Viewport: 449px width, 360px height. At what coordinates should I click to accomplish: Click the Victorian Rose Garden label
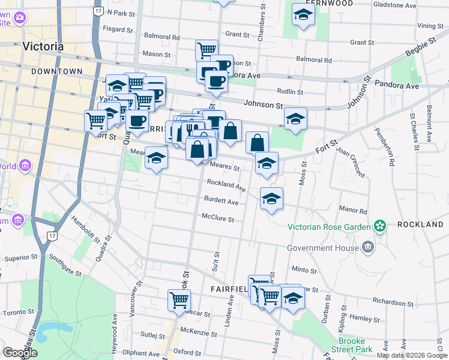tap(330, 227)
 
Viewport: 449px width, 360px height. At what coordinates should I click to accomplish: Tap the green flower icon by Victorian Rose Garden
tap(379, 226)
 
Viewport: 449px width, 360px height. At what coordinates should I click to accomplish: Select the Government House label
tap(322, 247)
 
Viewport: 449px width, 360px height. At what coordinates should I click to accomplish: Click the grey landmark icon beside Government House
tap(367, 247)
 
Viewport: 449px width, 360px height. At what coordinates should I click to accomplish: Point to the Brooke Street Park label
tap(360, 344)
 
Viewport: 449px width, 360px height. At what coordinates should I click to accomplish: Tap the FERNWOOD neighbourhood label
tap(329, 3)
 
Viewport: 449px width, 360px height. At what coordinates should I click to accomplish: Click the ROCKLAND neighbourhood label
tap(420, 224)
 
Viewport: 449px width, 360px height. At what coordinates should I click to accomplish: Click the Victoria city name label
tap(43, 46)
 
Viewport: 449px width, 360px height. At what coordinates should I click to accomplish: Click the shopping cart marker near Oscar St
tap(179, 301)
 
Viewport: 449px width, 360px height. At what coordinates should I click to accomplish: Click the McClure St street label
tap(217, 218)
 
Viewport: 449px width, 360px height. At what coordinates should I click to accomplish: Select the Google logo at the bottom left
tap(19, 353)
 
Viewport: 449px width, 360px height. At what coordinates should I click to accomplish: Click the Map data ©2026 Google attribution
tap(412, 355)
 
